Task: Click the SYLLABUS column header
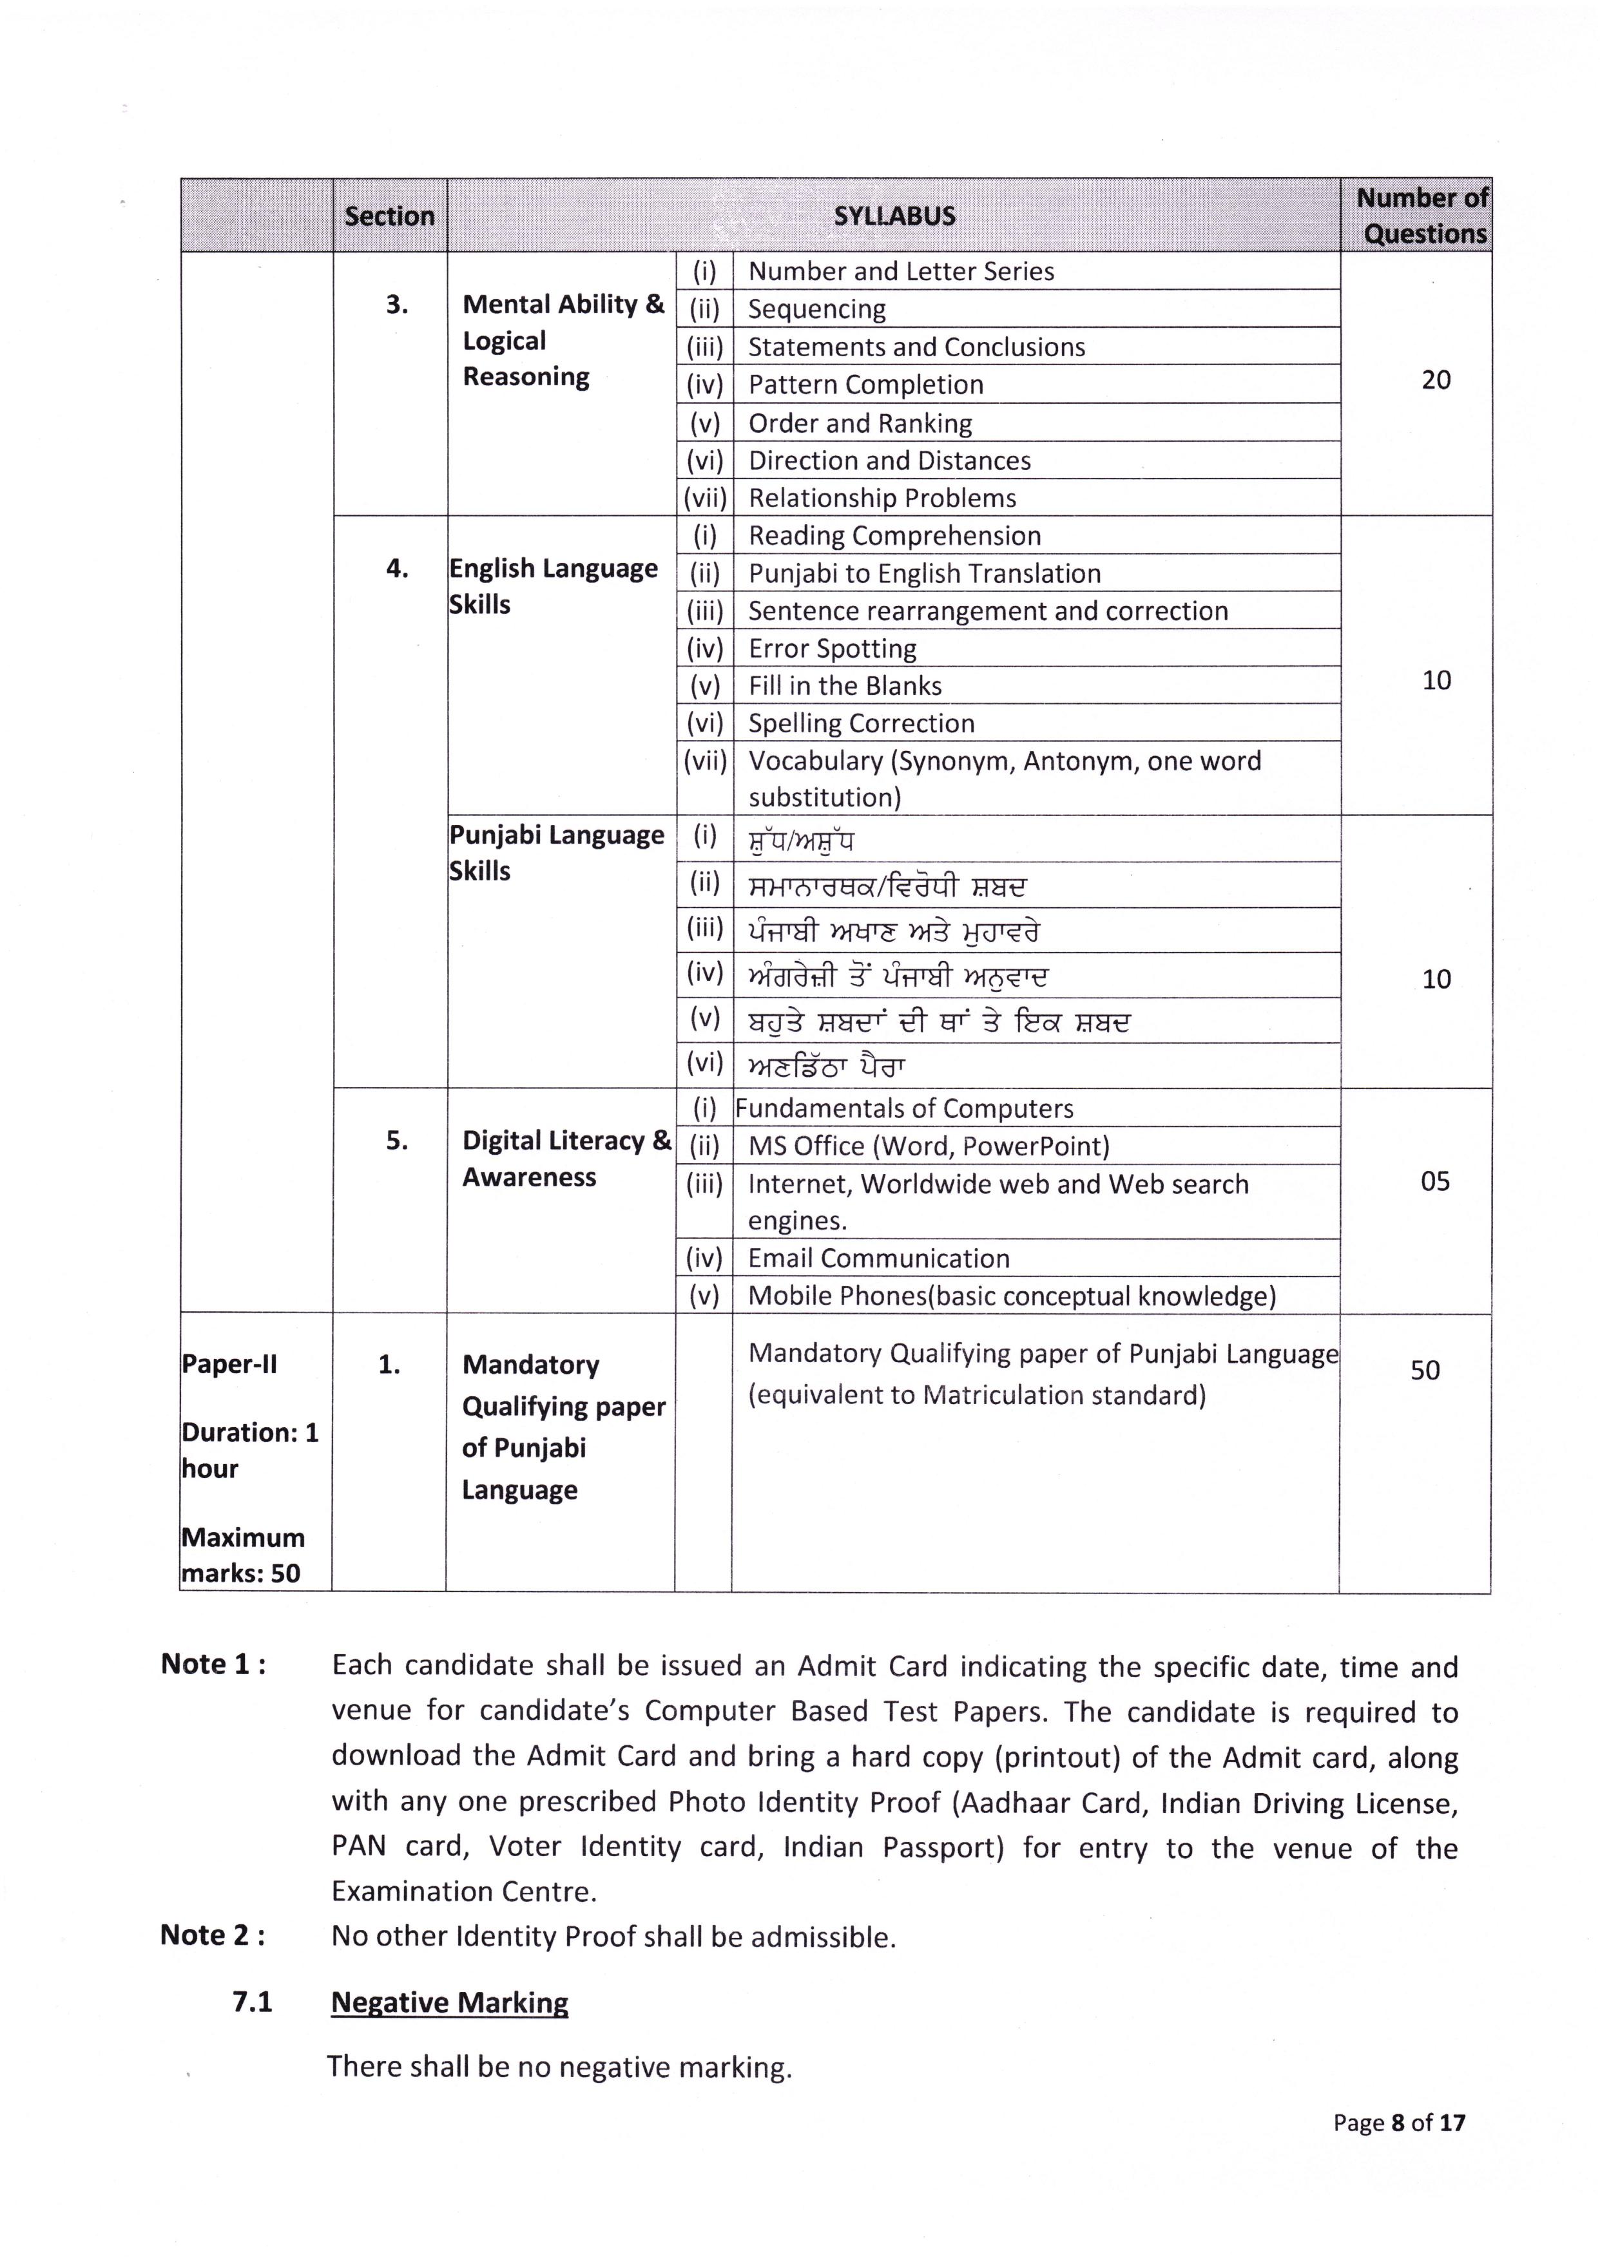(894, 216)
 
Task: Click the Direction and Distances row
(889, 460)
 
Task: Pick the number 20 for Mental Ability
(1435, 380)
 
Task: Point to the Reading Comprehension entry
(894, 535)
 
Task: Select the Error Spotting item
(832, 648)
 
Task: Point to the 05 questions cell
(1434, 1181)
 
